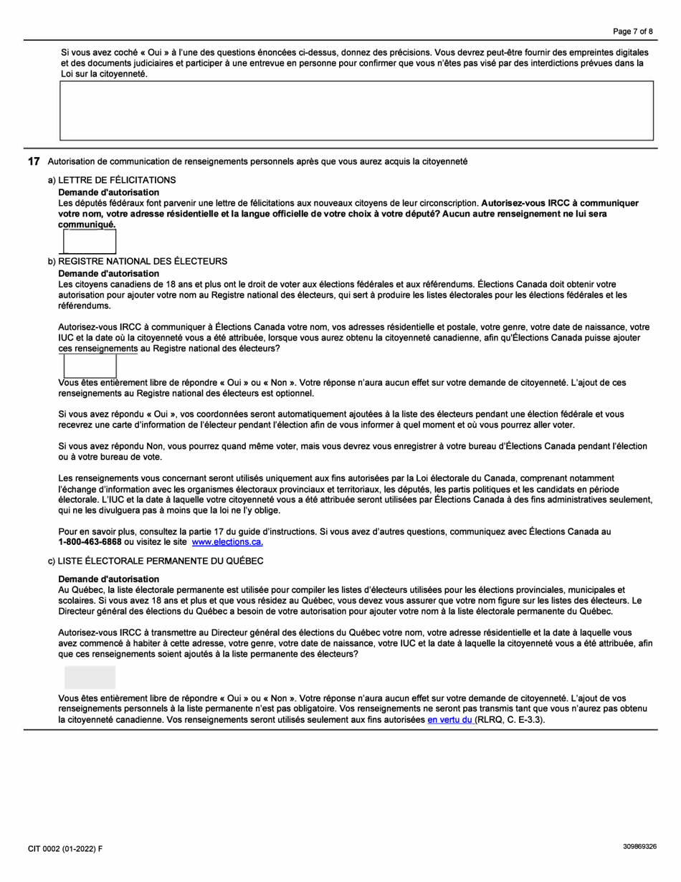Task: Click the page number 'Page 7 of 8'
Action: (x=632, y=32)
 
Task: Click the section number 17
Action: (x=33, y=161)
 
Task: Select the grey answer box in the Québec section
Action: (x=90, y=677)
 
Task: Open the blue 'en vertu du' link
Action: (x=450, y=719)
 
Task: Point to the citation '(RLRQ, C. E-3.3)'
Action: (x=510, y=719)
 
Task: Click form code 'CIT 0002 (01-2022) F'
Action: (x=65, y=848)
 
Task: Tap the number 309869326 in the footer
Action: (x=639, y=846)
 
